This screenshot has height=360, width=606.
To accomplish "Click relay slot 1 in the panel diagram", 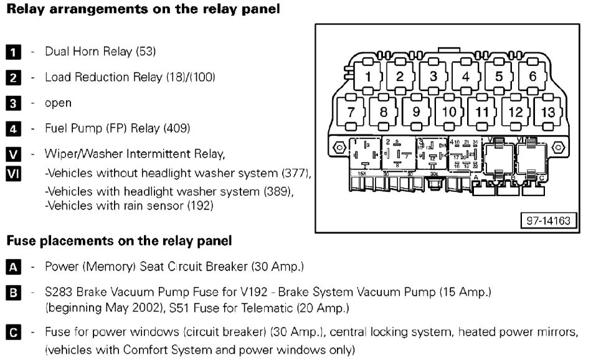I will click(367, 77).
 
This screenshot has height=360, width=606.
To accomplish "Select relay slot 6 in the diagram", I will click(533, 77).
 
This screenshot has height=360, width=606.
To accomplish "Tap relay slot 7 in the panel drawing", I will click(351, 113).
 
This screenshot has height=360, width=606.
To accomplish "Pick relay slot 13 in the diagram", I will click(549, 113).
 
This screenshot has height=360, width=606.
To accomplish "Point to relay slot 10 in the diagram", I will click(449, 113).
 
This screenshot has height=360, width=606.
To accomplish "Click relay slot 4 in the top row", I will click(465, 77).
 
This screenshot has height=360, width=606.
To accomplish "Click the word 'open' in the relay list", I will click(58, 103).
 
